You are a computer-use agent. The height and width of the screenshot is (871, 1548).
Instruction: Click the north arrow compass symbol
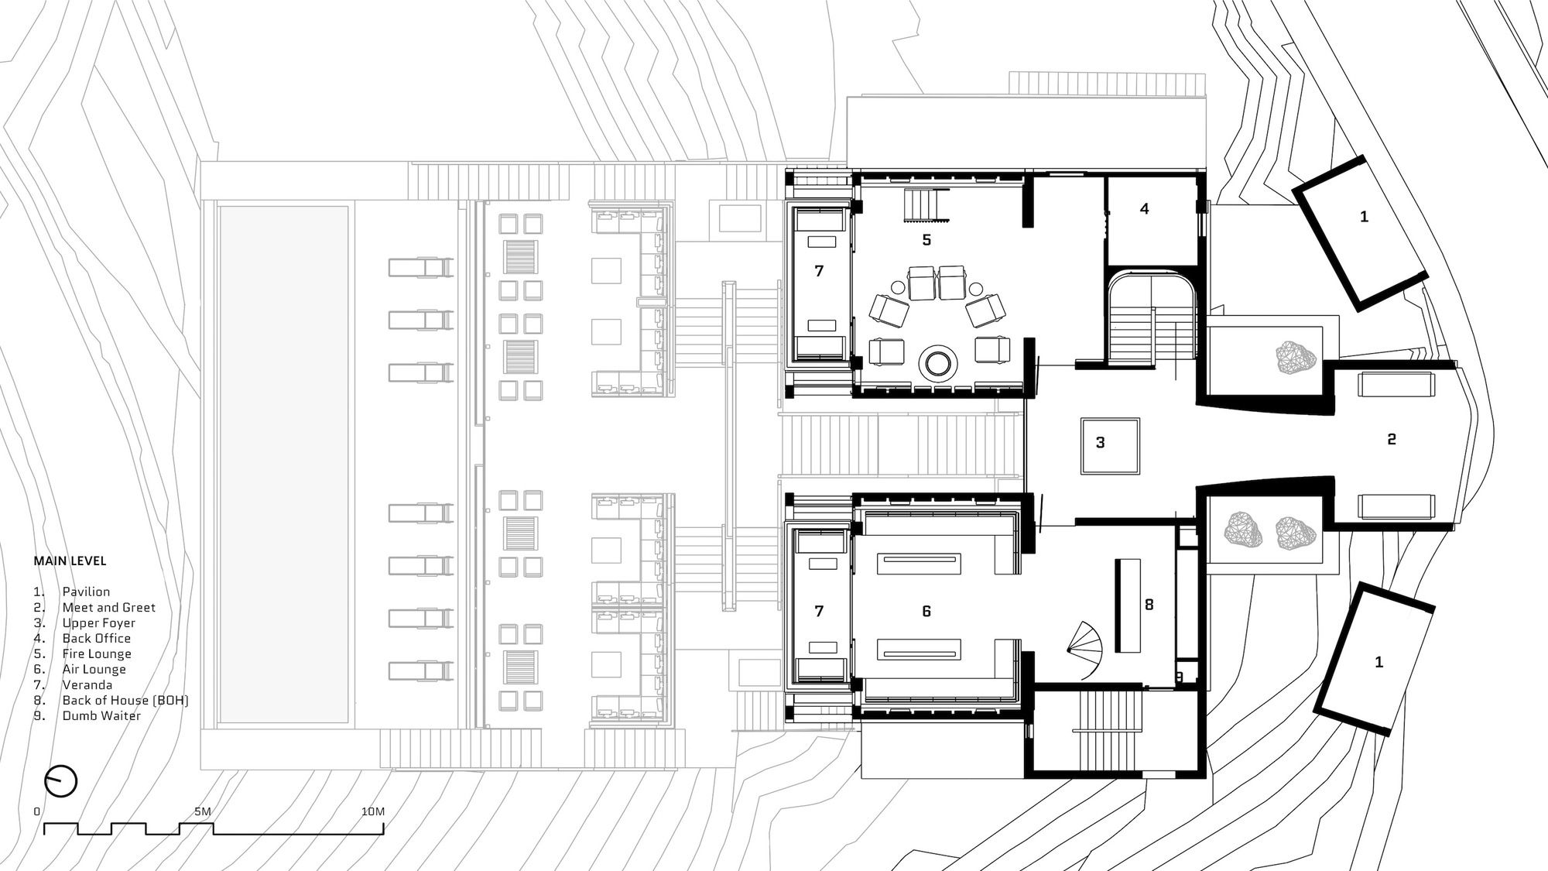61,780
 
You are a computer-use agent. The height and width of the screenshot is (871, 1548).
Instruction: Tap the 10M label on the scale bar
372,811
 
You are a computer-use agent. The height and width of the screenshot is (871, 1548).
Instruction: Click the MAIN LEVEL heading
70,561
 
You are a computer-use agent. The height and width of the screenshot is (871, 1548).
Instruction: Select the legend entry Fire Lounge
97,653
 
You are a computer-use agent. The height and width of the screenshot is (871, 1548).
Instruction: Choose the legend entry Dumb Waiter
101,715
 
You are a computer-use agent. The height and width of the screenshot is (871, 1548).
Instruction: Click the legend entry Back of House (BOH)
125,700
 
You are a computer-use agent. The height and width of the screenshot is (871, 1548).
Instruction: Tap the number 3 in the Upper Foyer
1100,443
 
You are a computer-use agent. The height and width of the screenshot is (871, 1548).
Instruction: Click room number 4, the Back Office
1144,208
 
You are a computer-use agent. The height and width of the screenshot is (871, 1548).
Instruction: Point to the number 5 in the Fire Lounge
926,240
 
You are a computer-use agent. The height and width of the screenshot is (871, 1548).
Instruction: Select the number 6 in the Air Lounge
926,612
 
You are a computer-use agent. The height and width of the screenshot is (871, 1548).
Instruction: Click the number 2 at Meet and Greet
1391,439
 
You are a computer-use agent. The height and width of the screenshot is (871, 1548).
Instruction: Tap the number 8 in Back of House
1149,605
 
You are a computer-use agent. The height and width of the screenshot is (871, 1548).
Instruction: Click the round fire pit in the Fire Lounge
938,362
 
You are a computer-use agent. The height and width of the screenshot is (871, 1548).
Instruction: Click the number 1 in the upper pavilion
1364,217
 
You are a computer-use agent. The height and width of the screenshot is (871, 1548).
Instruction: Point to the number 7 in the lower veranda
819,612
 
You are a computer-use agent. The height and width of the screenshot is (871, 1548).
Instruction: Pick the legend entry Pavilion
86,592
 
